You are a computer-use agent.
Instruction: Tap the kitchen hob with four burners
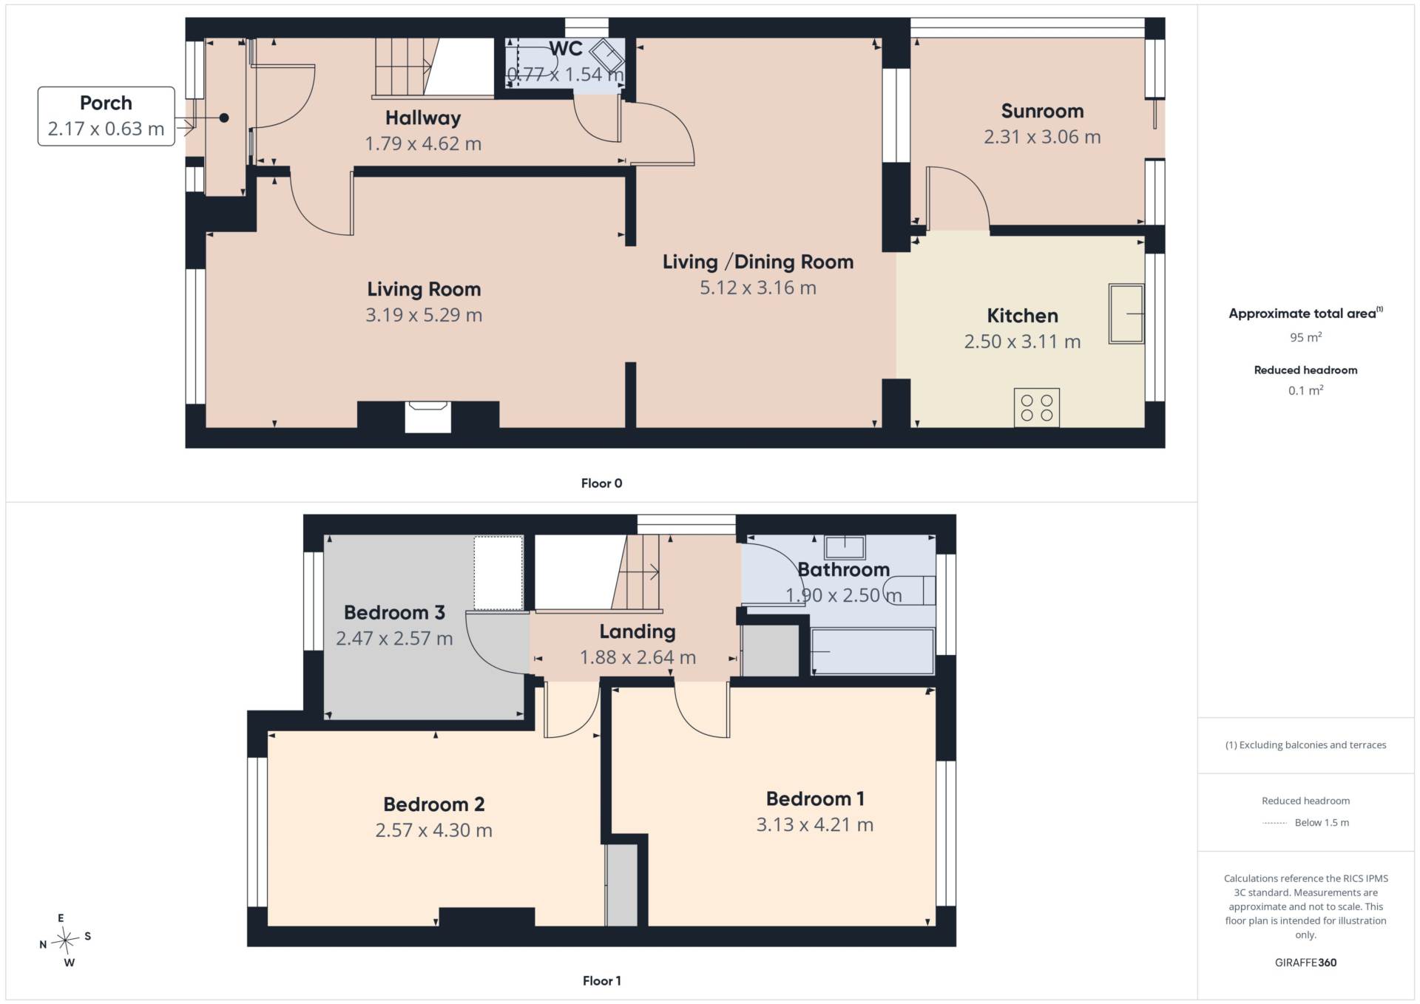pos(1036,407)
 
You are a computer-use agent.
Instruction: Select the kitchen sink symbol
pos(1126,314)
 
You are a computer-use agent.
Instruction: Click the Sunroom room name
pos(1042,112)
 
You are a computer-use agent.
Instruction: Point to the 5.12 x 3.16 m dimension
pos(758,288)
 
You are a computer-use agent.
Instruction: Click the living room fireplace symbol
pos(428,416)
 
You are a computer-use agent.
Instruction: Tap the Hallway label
pos(423,118)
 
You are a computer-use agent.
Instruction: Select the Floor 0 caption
pos(601,484)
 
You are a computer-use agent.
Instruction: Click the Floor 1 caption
pos(601,981)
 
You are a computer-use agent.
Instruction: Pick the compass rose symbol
pos(66,940)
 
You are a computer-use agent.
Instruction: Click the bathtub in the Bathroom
pos(873,651)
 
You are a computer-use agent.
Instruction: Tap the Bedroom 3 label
pos(394,613)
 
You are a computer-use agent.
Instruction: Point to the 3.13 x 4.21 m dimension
pos(814,825)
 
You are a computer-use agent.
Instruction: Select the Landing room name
pos(638,631)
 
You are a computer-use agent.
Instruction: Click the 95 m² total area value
pos(1305,337)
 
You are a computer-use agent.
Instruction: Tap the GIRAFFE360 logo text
pos(1305,963)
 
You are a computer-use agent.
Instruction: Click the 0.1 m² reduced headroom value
pos(1305,390)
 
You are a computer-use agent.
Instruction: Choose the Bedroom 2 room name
pos(433,804)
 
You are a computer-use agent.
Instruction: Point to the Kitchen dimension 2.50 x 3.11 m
pos(1022,342)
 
